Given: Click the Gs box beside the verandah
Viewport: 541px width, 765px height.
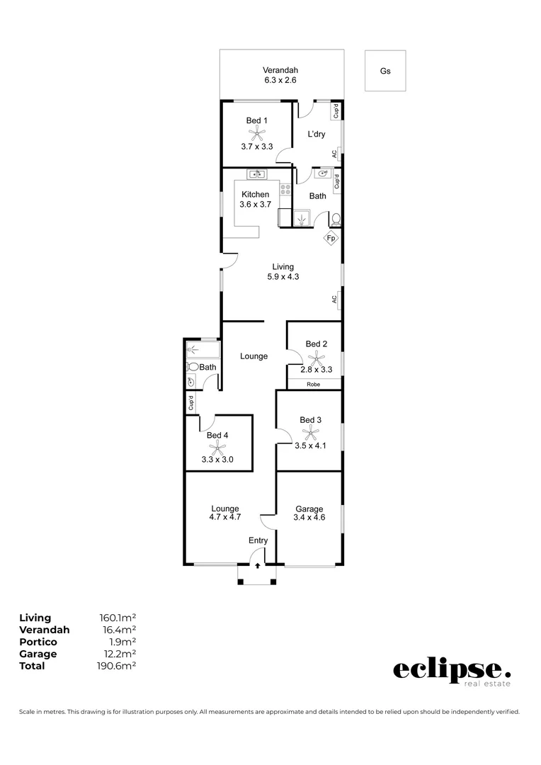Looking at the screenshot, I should [385, 71].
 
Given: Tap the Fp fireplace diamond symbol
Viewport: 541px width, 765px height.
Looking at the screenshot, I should [331, 239].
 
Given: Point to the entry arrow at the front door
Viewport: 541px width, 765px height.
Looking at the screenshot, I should [258, 566].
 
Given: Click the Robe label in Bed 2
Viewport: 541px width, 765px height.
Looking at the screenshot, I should [313, 385].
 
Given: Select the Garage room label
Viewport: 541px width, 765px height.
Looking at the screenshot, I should [309, 509].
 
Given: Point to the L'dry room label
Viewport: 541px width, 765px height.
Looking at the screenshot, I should [316, 134].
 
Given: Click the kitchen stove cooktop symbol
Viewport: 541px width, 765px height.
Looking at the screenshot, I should [286, 190].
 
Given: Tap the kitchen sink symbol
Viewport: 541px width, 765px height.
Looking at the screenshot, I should [256, 174].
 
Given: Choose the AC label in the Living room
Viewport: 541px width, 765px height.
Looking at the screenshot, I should [334, 300].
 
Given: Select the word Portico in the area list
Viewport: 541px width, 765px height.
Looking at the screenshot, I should [39, 642].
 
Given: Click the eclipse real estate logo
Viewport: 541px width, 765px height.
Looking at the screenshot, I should [451, 672].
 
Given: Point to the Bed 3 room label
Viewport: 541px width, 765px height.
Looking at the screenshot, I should [310, 420].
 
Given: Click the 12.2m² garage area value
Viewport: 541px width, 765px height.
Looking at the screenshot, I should [118, 654].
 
